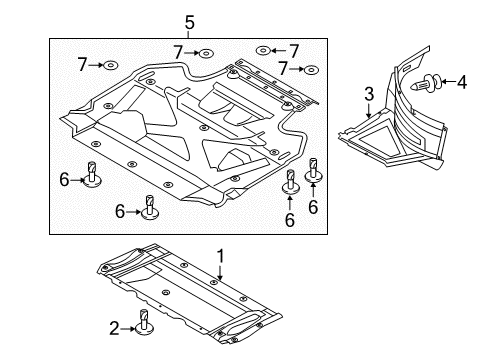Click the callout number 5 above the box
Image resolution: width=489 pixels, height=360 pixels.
pyautogui.click(x=189, y=22)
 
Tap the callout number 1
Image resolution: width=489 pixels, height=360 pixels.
pyautogui.click(x=220, y=257)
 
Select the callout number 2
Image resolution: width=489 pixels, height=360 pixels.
pyautogui.click(x=114, y=329)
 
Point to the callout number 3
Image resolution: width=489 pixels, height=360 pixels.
pyautogui.click(x=369, y=94)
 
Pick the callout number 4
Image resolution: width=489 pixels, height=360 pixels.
pyautogui.click(x=462, y=82)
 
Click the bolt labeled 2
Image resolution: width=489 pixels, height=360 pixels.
pyautogui.click(x=144, y=322)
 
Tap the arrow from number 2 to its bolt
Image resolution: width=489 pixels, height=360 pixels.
pyautogui.click(x=128, y=329)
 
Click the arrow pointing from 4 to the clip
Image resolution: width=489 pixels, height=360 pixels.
pyautogui.click(x=449, y=82)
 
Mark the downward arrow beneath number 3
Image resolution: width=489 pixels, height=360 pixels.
pyautogui.click(x=368, y=111)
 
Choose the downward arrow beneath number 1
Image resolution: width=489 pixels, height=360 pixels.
pyautogui.click(x=220, y=272)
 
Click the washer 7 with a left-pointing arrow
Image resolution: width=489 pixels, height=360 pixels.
pyautogui.click(x=263, y=51)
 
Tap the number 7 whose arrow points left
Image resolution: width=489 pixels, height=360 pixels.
pyautogui.click(x=293, y=51)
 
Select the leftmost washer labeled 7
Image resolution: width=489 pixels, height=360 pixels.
pyautogui.click(x=110, y=65)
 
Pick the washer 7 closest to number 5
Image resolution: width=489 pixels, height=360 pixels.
pyautogui.click(x=206, y=53)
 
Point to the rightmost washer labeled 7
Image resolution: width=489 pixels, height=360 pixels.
pyautogui.click(x=311, y=70)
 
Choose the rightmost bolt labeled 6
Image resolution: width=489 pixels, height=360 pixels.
pyautogui.click(x=313, y=170)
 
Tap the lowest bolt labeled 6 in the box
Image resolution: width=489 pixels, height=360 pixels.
pyautogui.click(x=150, y=208)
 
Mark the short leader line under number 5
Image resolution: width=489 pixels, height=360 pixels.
pyautogui.click(x=189, y=34)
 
